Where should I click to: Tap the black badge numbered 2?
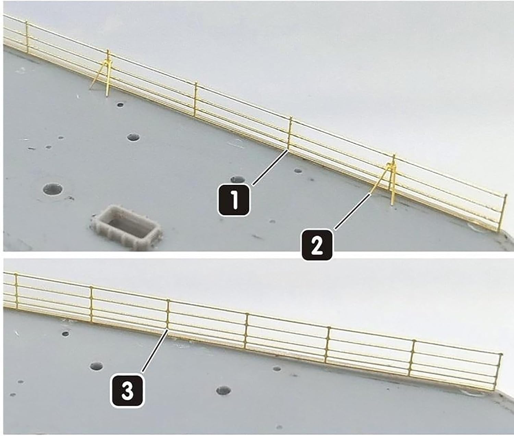[x=317, y=245]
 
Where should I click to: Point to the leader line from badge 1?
[x=271, y=167]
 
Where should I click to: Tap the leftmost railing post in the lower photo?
[x=17, y=291]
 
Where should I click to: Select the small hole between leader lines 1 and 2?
[x=298, y=171]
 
